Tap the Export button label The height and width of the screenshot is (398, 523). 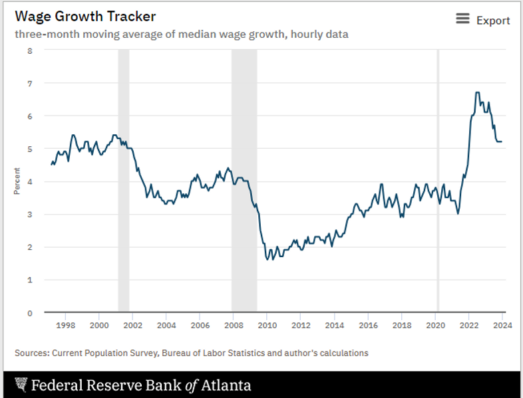(x=493, y=21)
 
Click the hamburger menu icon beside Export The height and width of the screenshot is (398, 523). (x=462, y=19)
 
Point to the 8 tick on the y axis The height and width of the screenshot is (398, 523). (x=29, y=50)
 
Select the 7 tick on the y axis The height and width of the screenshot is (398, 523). (x=29, y=83)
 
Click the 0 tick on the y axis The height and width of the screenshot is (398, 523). (x=29, y=312)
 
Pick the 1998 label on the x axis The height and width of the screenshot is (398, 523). (x=65, y=326)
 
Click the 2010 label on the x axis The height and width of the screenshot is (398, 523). (x=267, y=326)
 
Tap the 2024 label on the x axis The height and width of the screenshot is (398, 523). (x=502, y=326)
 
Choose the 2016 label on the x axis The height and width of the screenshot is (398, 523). (x=368, y=326)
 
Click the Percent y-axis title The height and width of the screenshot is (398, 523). (x=17, y=181)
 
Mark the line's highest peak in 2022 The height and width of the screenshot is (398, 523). (x=477, y=92)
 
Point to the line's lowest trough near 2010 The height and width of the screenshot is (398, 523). (x=267, y=259)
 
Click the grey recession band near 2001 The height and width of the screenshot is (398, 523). (x=123, y=179)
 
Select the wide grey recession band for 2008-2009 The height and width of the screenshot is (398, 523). (x=244, y=179)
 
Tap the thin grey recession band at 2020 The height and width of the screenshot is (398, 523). (x=438, y=179)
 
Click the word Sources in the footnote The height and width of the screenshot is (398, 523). (x=31, y=353)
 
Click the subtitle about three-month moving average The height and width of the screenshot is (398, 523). (x=181, y=34)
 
